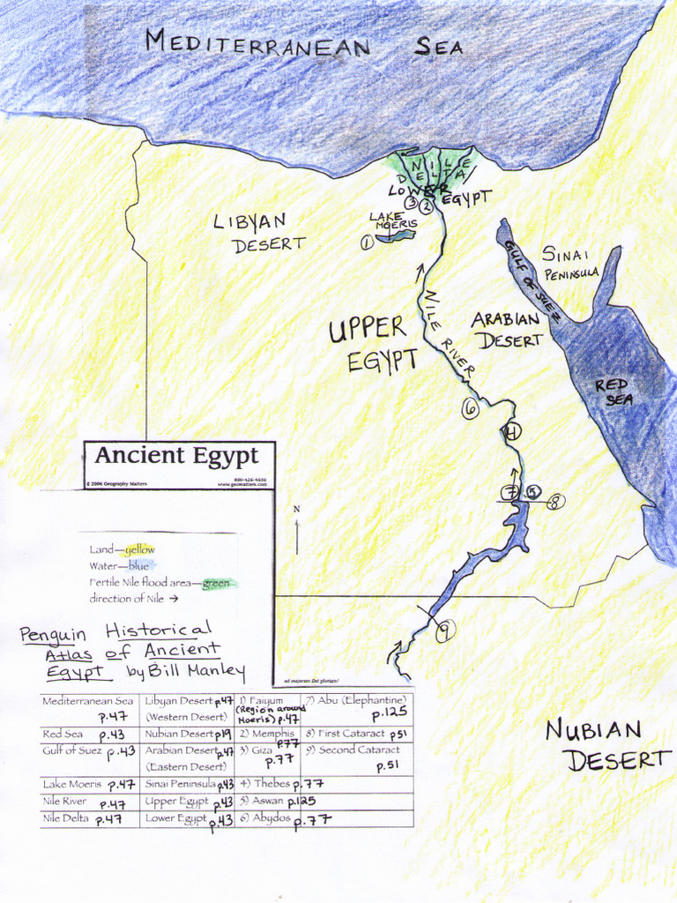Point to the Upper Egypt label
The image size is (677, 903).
coord(369,345)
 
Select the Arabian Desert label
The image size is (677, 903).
coord(505,329)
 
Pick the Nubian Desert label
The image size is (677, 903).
coord(606,743)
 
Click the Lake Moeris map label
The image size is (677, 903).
coord(393,220)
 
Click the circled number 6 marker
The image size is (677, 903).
coord(470,407)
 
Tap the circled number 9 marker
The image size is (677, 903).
coord(445,629)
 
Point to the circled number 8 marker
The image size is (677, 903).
coord(554,502)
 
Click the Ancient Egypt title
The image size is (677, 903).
coord(176,456)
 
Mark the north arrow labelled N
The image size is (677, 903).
coord(297,529)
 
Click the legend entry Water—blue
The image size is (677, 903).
coord(119,566)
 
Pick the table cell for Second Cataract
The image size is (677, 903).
coord(356,757)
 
